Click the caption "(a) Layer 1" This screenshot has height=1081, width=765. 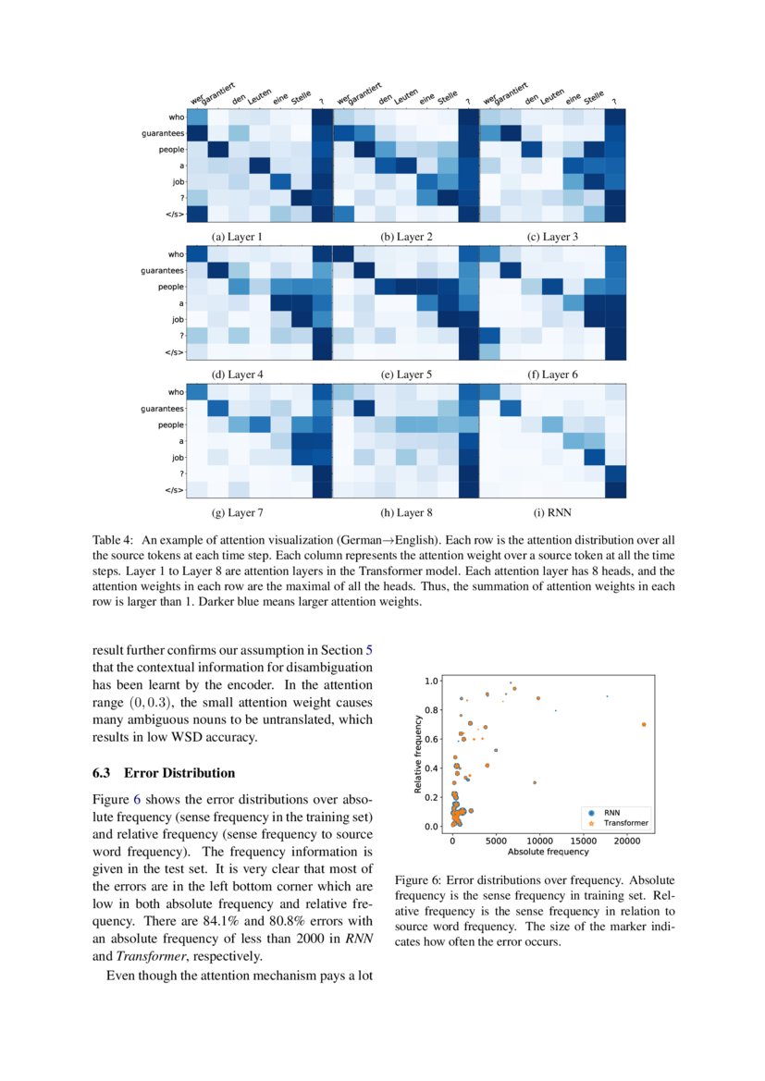(x=237, y=237)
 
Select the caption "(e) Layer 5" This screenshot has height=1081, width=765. (x=405, y=375)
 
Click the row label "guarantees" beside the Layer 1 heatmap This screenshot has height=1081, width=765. (x=163, y=134)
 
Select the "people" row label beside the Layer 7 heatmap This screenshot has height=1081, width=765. (x=169, y=425)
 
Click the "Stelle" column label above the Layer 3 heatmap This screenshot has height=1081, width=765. (x=594, y=95)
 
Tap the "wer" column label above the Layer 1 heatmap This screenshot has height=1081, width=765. (x=196, y=97)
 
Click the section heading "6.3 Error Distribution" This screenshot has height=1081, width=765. (x=164, y=773)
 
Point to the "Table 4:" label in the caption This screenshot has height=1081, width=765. (x=113, y=538)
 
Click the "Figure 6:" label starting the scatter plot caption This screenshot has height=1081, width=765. (x=420, y=880)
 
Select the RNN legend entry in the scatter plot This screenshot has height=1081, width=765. (x=611, y=811)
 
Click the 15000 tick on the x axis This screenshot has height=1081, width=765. (x=583, y=841)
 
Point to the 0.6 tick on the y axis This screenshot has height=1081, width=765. (x=432, y=739)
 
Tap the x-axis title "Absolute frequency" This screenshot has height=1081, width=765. (x=548, y=852)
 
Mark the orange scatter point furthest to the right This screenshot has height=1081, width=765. (x=643, y=724)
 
